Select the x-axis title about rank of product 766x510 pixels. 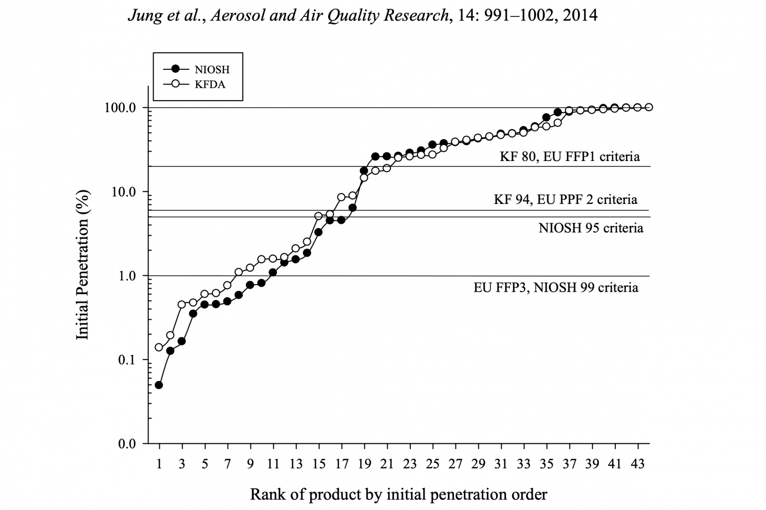pos(398,494)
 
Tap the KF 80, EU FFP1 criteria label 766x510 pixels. pos(570,157)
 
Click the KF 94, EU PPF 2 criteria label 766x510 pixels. pos(565,199)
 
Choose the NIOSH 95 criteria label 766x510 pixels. pos(590,228)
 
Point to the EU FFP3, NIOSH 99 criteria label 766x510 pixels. pos(556,287)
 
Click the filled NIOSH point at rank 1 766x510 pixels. pos(159,385)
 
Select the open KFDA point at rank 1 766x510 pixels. pos(159,347)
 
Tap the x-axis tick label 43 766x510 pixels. pos(638,464)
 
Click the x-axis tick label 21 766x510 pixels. pos(386,464)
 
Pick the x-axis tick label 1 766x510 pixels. pos(159,464)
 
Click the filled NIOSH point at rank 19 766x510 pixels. pos(364,170)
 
